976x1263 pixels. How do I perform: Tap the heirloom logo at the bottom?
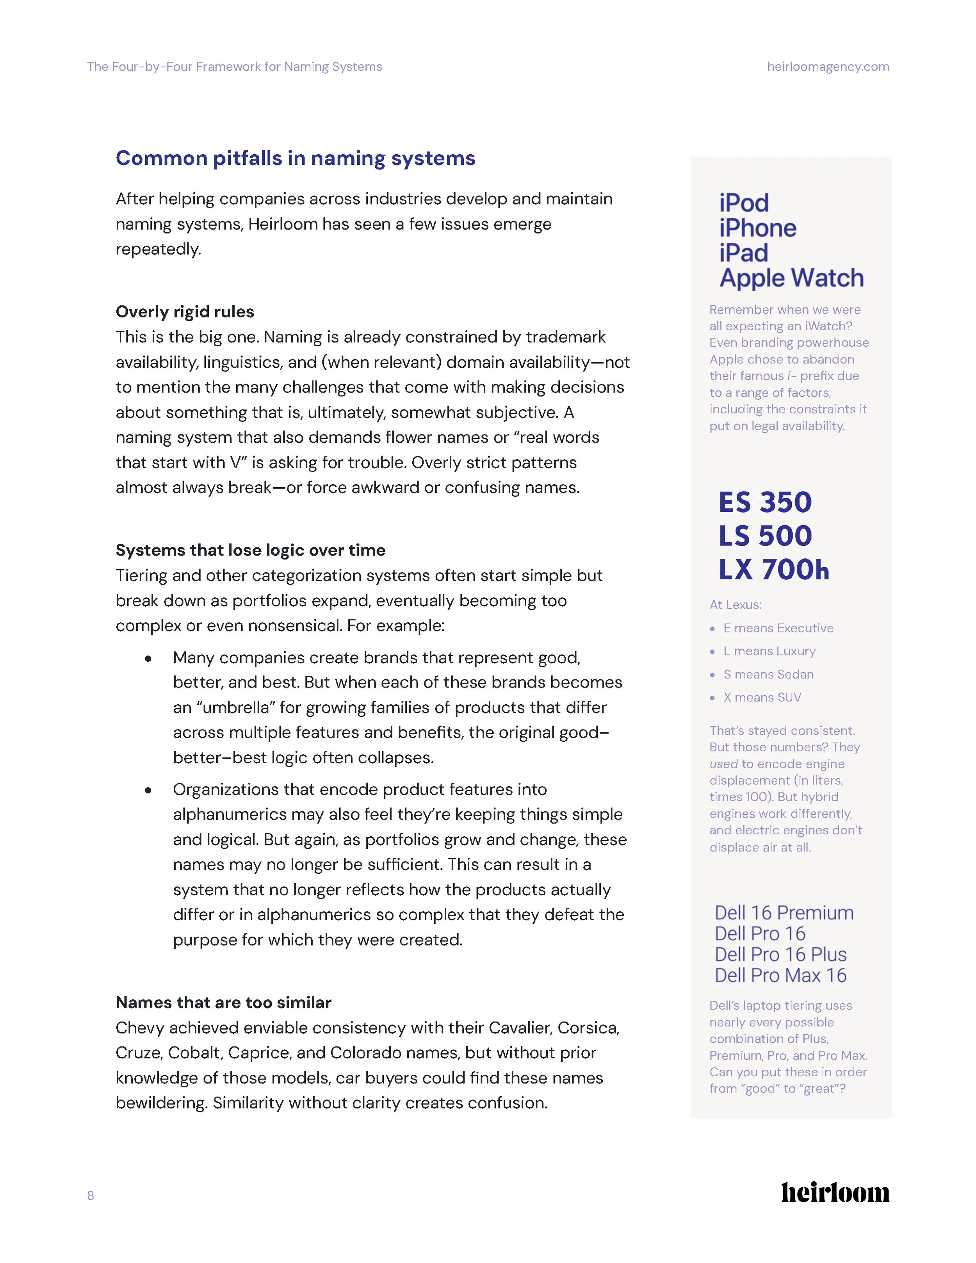click(x=835, y=1192)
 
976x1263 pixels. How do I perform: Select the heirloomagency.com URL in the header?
click(x=827, y=66)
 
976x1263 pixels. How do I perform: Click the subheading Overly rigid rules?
click(x=184, y=312)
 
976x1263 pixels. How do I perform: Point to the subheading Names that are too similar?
click(x=223, y=1002)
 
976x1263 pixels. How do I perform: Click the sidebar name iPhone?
click(x=757, y=228)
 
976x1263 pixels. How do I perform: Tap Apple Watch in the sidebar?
click(x=791, y=278)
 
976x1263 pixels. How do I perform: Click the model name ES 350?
click(x=765, y=502)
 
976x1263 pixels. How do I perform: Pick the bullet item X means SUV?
click(x=762, y=697)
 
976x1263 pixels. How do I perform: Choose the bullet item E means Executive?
click(x=778, y=628)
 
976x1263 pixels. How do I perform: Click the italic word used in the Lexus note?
click(x=723, y=764)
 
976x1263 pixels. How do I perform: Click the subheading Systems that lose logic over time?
click(x=250, y=550)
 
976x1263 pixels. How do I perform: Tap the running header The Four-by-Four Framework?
click(x=234, y=66)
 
